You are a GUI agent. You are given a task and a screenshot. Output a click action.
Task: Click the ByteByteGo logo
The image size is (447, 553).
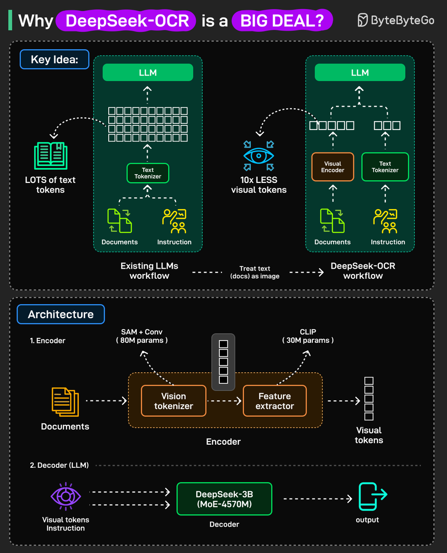point(396,21)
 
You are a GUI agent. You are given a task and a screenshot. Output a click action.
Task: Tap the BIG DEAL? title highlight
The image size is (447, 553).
point(282,21)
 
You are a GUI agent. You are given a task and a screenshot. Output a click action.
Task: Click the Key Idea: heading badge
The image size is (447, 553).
point(54,59)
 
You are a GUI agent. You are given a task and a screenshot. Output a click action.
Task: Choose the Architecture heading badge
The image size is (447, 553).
point(60,314)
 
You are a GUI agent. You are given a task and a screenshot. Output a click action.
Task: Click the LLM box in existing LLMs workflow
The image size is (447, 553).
point(147,73)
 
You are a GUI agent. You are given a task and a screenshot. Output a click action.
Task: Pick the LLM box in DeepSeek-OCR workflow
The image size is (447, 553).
point(359,73)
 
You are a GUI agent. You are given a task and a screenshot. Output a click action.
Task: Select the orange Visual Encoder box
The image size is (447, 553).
point(332,167)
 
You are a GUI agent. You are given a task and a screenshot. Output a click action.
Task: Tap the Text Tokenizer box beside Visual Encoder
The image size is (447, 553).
point(385,167)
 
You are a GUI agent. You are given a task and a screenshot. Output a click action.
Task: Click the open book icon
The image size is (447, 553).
point(50,156)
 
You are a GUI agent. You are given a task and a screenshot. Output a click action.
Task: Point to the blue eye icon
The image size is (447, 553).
point(259,156)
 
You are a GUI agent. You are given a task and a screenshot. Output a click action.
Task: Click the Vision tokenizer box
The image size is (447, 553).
point(173,401)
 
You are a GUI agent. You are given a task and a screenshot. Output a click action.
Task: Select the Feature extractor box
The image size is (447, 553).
point(275,401)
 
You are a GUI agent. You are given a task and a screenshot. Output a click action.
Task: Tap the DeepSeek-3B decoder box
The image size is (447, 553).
point(224,499)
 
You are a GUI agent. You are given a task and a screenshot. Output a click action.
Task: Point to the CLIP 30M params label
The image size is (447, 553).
point(308,336)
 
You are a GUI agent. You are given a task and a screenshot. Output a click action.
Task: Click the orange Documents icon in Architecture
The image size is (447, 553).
point(65,401)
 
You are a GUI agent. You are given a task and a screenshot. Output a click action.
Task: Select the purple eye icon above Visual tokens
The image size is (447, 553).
point(65,497)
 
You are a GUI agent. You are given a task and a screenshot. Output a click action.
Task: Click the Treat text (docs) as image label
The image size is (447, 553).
point(255,272)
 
